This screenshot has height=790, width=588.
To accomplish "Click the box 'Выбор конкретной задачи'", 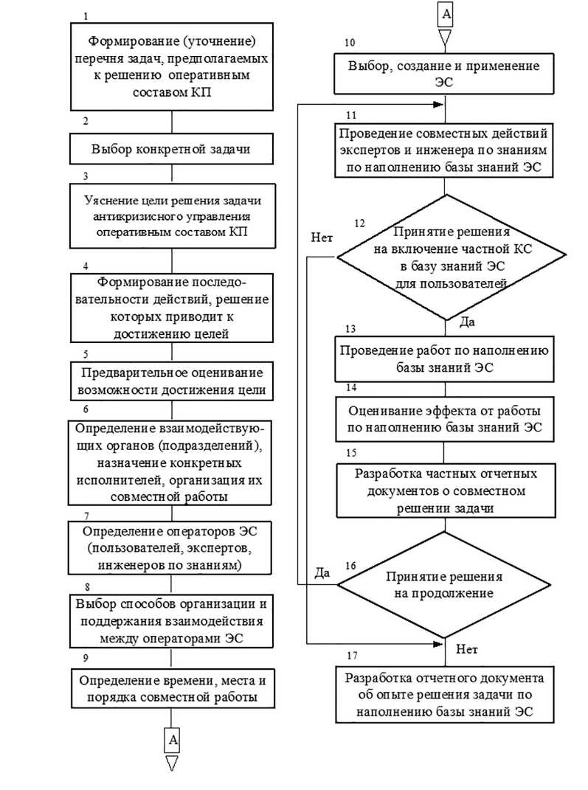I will pos(171,149).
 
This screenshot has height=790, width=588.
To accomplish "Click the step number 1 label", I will pos(86,15).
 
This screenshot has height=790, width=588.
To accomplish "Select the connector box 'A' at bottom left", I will pos(171,738).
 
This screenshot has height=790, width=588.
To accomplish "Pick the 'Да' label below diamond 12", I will pos(468,322).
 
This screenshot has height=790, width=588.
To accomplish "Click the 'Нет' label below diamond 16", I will pos(468,650).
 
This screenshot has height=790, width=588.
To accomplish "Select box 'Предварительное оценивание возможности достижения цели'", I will pos(171,380).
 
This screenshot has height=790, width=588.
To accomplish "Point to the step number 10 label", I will pos(350,43).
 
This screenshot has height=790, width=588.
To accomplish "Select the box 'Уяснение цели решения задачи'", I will pos(171,218).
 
